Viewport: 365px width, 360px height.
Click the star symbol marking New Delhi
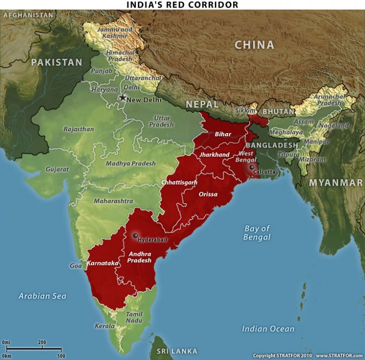(122, 98)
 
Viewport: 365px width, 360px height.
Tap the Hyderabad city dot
(135, 236)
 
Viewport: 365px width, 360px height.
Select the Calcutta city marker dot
(252, 167)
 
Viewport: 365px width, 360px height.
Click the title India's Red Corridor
(182, 5)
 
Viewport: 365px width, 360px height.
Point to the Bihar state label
(223, 134)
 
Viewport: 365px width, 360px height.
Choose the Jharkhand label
(215, 154)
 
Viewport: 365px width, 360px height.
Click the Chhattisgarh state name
(179, 182)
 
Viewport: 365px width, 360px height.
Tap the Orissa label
(208, 194)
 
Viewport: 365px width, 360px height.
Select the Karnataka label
(102, 263)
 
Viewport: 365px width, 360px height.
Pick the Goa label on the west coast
(75, 266)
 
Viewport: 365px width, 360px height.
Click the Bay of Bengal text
(257, 233)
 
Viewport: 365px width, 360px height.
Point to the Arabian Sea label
(42, 296)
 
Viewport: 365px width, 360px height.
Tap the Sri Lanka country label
(177, 351)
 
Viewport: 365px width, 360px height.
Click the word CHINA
(254, 45)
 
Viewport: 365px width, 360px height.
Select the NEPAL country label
(202, 104)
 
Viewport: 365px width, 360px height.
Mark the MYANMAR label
(336, 182)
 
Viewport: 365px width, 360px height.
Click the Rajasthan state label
(79, 129)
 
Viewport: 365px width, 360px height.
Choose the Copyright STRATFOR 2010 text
(282, 355)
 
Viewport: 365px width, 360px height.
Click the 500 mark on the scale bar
(61, 356)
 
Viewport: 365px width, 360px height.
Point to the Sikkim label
(245, 111)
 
